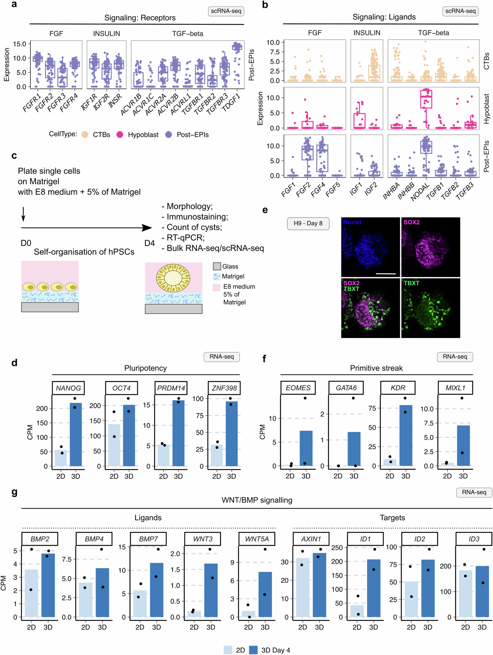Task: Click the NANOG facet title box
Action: coord(68,388)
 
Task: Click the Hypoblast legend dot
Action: coord(120,135)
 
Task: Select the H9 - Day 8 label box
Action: coord(308,223)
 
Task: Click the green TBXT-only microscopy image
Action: coord(430,308)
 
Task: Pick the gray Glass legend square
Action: coord(217,266)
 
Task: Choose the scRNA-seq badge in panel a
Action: coord(226,11)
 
